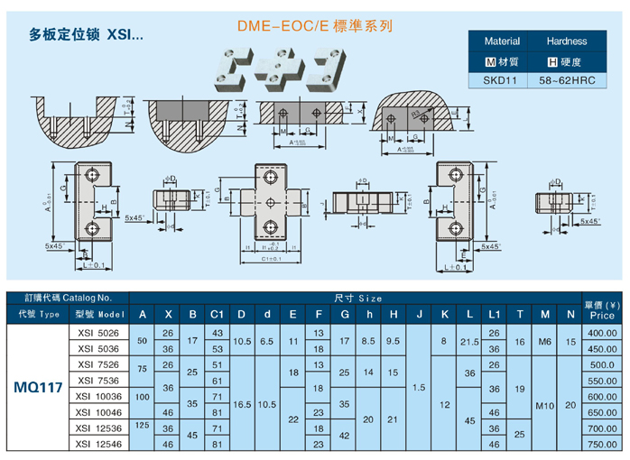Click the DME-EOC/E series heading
coord(314,27)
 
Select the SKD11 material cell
coord(502,80)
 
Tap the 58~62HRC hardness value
coord(567,80)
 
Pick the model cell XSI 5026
coord(97,333)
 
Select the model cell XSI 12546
coord(97,444)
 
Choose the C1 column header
coord(217,315)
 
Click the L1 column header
coord(494,315)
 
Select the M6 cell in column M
coord(545,341)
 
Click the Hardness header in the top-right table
coord(567,41)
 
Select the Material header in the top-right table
coord(502,41)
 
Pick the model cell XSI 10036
coord(97,396)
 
